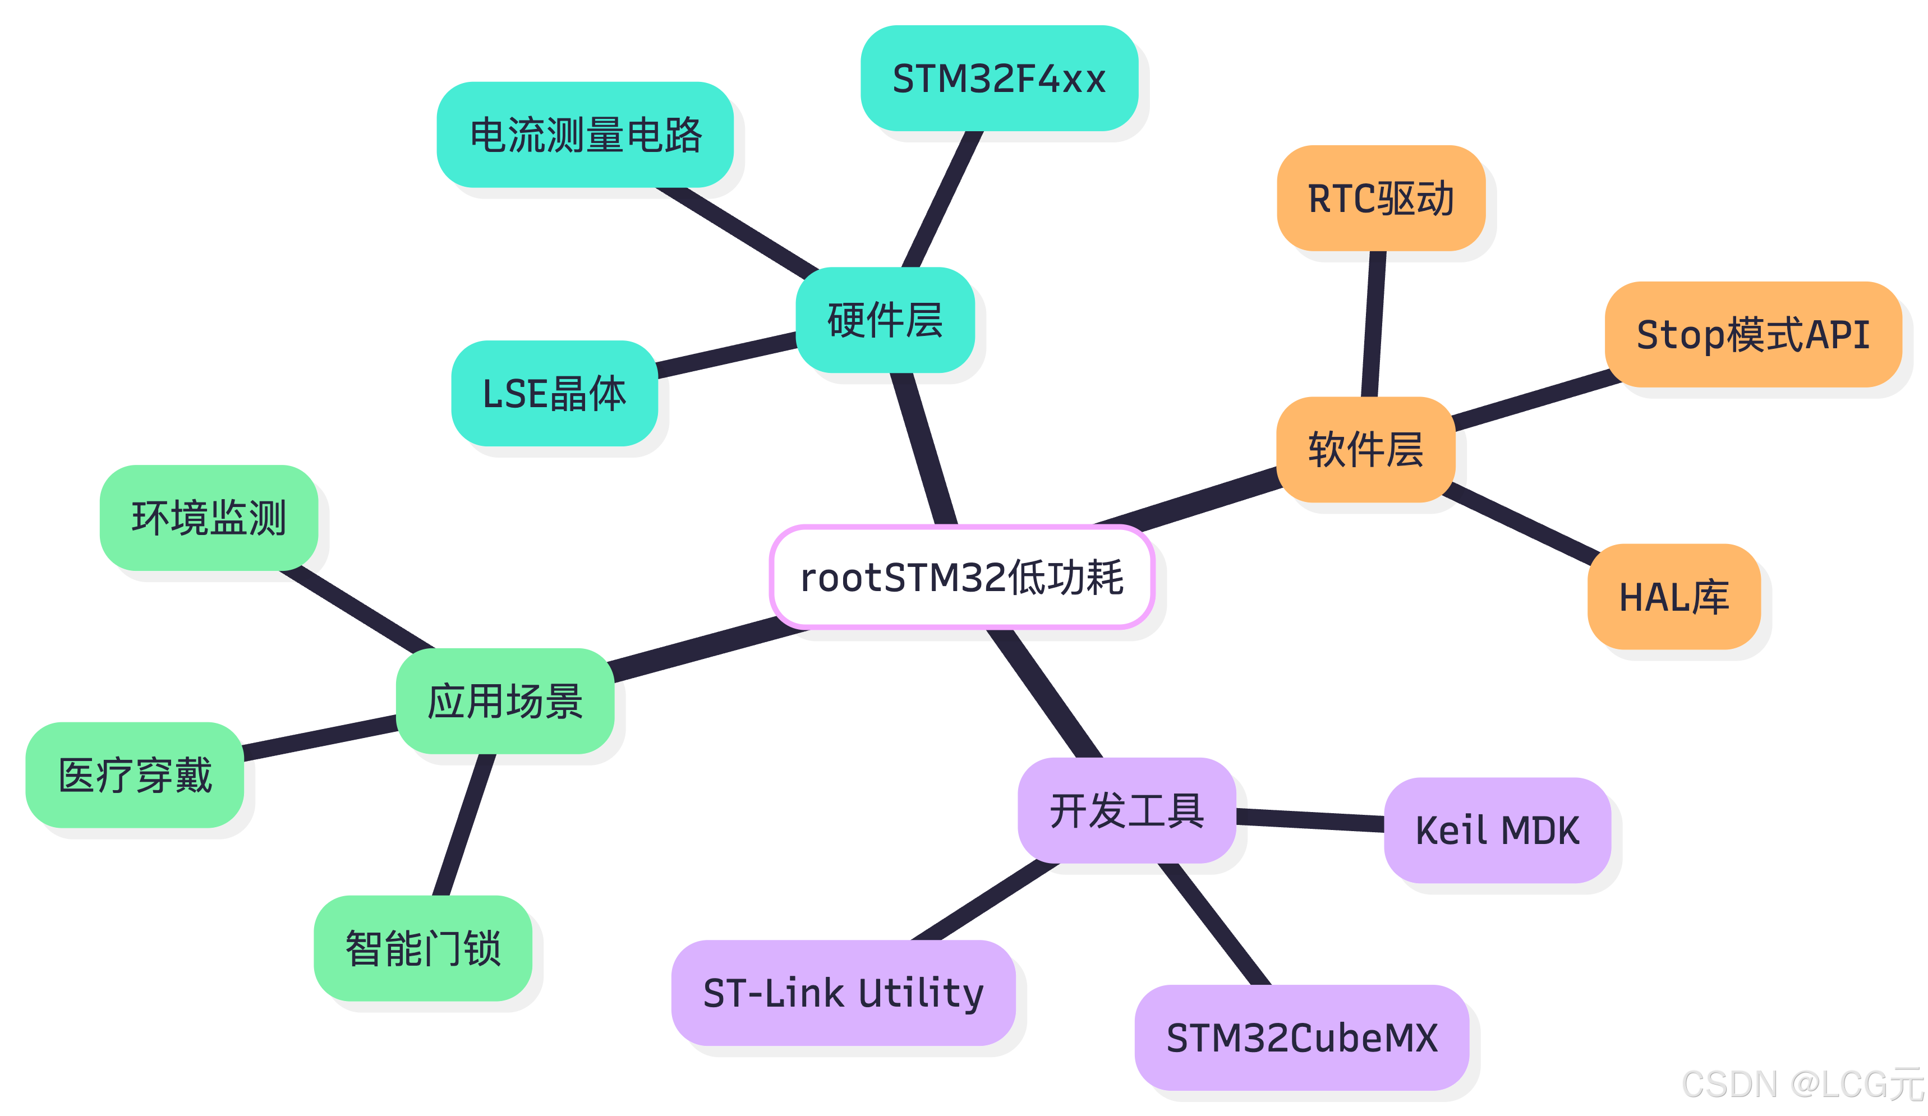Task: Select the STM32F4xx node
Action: click(999, 79)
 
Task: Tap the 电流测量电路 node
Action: click(585, 135)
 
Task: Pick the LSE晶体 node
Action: click(555, 393)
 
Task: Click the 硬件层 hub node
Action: click(885, 320)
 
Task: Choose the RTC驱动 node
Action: click(1381, 198)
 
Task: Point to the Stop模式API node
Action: click(1753, 334)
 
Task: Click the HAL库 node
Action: click(1674, 597)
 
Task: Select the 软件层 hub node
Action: click(1366, 449)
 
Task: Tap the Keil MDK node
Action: click(1497, 830)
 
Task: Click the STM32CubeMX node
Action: click(1301, 1037)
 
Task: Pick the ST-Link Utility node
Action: click(843, 993)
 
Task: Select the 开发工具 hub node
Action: click(1127, 810)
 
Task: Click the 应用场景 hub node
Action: click(505, 700)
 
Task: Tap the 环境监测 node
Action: click(209, 518)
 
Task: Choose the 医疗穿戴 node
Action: click(135, 775)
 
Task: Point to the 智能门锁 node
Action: click(423, 948)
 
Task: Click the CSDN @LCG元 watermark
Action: click(1802, 1085)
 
